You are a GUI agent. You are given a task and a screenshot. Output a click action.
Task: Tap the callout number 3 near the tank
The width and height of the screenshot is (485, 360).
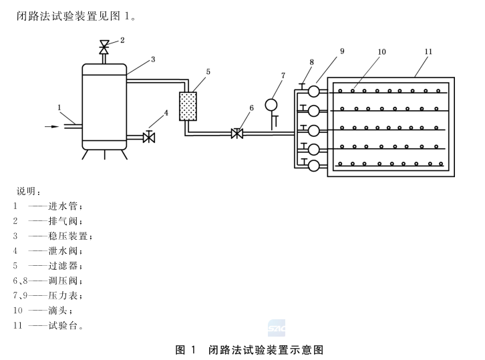tap(152, 59)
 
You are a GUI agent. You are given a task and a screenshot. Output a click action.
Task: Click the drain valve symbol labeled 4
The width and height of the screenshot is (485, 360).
tap(149, 138)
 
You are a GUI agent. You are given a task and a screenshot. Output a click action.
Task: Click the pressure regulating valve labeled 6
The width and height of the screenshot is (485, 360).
tap(236, 133)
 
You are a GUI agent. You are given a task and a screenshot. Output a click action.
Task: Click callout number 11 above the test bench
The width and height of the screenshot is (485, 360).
tap(428, 50)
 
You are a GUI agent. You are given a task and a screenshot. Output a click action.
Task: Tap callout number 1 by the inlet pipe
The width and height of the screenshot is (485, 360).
tap(59, 106)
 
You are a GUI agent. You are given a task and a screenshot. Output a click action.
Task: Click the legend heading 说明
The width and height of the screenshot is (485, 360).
tap(29, 192)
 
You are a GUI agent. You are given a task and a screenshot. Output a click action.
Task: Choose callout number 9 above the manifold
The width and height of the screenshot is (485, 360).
tap(341, 51)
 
